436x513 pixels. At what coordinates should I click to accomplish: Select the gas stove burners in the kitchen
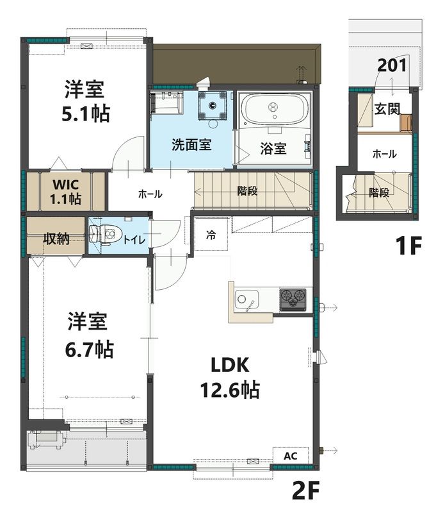pyautogui.click(x=293, y=299)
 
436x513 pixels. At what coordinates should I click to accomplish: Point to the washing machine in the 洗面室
pyautogui.click(x=213, y=105)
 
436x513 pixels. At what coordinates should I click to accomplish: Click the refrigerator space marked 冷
pyautogui.click(x=211, y=234)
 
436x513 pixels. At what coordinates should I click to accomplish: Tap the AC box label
pyautogui.click(x=290, y=456)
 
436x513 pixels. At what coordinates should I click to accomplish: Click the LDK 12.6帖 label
pyautogui.click(x=230, y=378)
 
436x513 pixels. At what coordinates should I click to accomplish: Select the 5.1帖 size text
pyautogui.click(x=86, y=114)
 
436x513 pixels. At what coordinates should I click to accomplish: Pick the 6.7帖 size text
pyautogui.click(x=89, y=349)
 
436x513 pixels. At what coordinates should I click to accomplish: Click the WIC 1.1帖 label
pyautogui.click(x=66, y=192)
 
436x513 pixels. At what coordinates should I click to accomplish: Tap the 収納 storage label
pyautogui.click(x=56, y=239)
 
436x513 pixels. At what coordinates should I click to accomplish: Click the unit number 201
pyautogui.click(x=392, y=65)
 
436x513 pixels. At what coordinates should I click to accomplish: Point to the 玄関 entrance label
pyautogui.click(x=387, y=109)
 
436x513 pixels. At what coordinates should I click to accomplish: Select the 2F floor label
pyautogui.click(x=305, y=491)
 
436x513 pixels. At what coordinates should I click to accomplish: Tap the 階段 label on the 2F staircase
pyautogui.click(x=247, y=190)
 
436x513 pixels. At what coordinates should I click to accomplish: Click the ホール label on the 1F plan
pyautogui.click(x=384, y=154)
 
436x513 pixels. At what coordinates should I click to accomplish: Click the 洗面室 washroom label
pyautogui.click(x=191, y=145)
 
